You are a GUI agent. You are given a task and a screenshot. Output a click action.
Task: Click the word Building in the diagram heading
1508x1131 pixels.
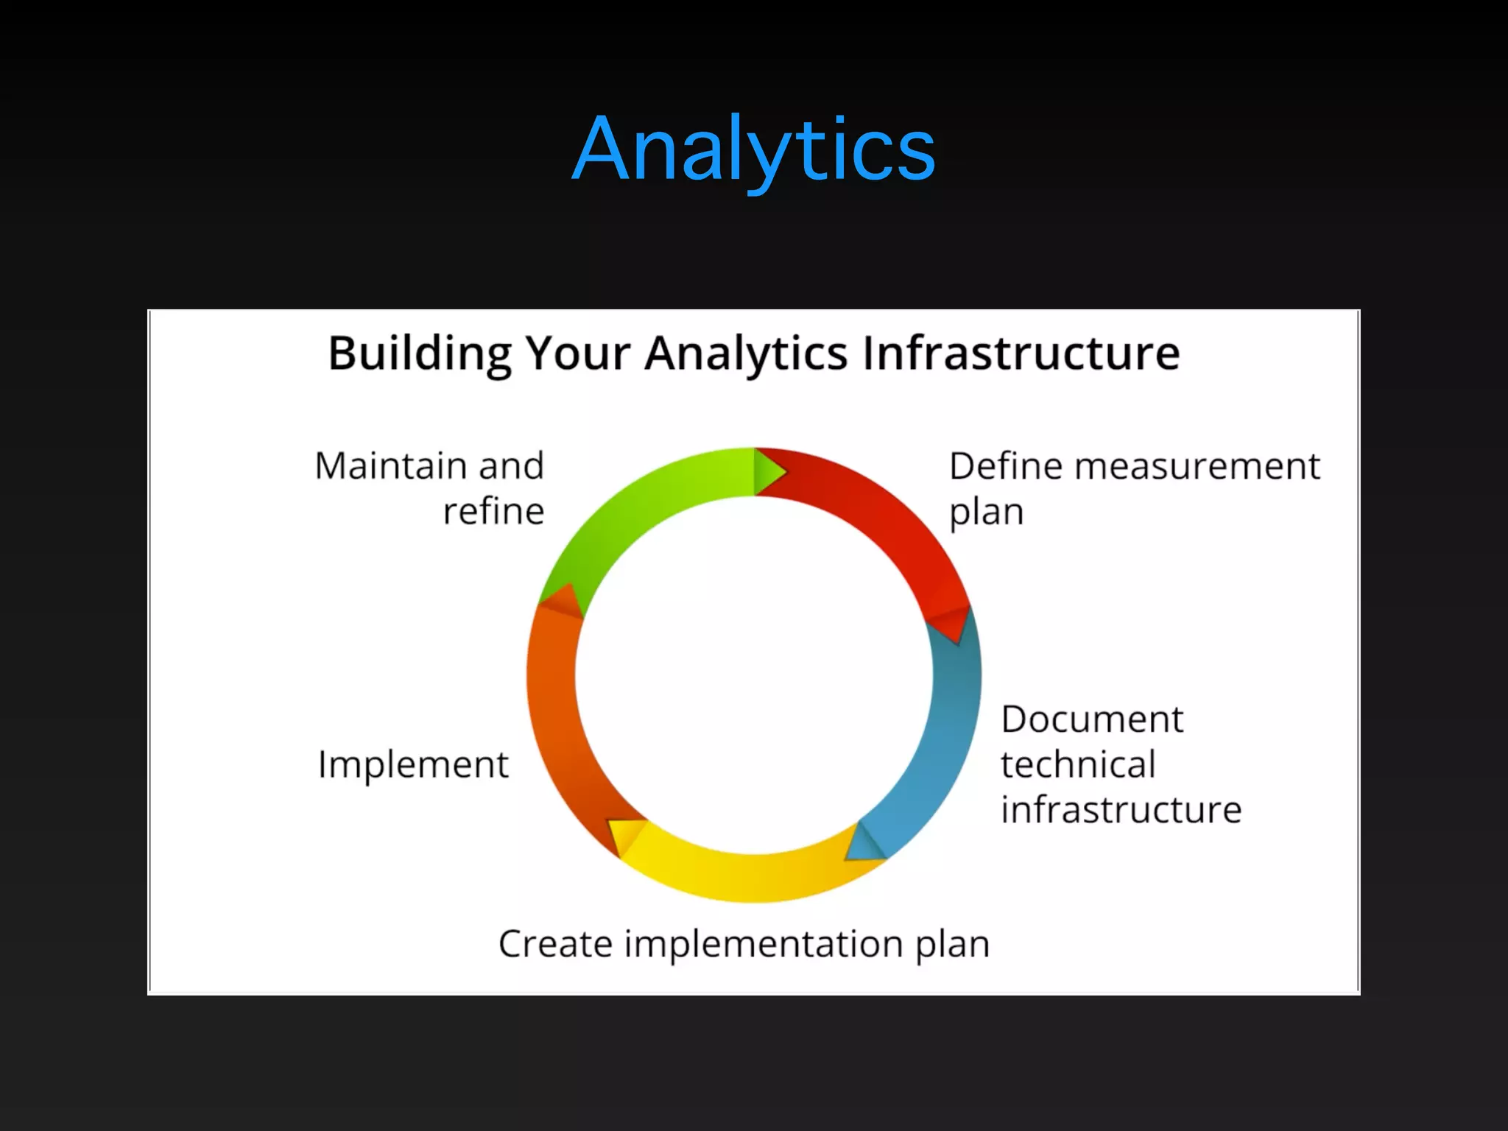click(419, 353)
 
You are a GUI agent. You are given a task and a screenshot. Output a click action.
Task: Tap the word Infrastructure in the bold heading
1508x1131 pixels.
click(1021, 353)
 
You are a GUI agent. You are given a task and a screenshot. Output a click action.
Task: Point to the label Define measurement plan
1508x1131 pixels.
click(1134, 488)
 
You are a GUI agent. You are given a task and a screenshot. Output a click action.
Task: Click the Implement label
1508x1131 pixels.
click(413, 764)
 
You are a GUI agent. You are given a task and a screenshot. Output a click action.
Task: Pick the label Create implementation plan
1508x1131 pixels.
click(744, 944)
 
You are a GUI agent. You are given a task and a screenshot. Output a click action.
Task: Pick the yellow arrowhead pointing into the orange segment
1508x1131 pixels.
click(624, 835)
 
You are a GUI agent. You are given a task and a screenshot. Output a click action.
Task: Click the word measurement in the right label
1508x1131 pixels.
click(1197, 466)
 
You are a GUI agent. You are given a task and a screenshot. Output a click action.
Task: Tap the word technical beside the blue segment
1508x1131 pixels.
click(1078, 764)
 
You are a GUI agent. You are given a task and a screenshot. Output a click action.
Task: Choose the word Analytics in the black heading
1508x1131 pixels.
click(747, 353)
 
